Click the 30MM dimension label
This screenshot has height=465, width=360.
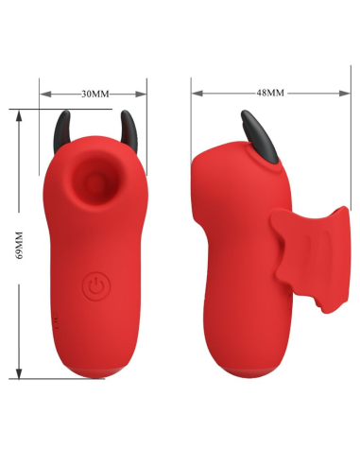point(94,94)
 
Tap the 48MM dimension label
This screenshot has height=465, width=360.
point(270,94)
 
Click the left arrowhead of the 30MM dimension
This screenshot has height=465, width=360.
point(43,94)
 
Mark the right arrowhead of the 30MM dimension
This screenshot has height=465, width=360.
point(145,94)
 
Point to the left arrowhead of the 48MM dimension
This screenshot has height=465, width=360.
point(195,94)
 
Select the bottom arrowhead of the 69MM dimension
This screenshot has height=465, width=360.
point(20,376)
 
